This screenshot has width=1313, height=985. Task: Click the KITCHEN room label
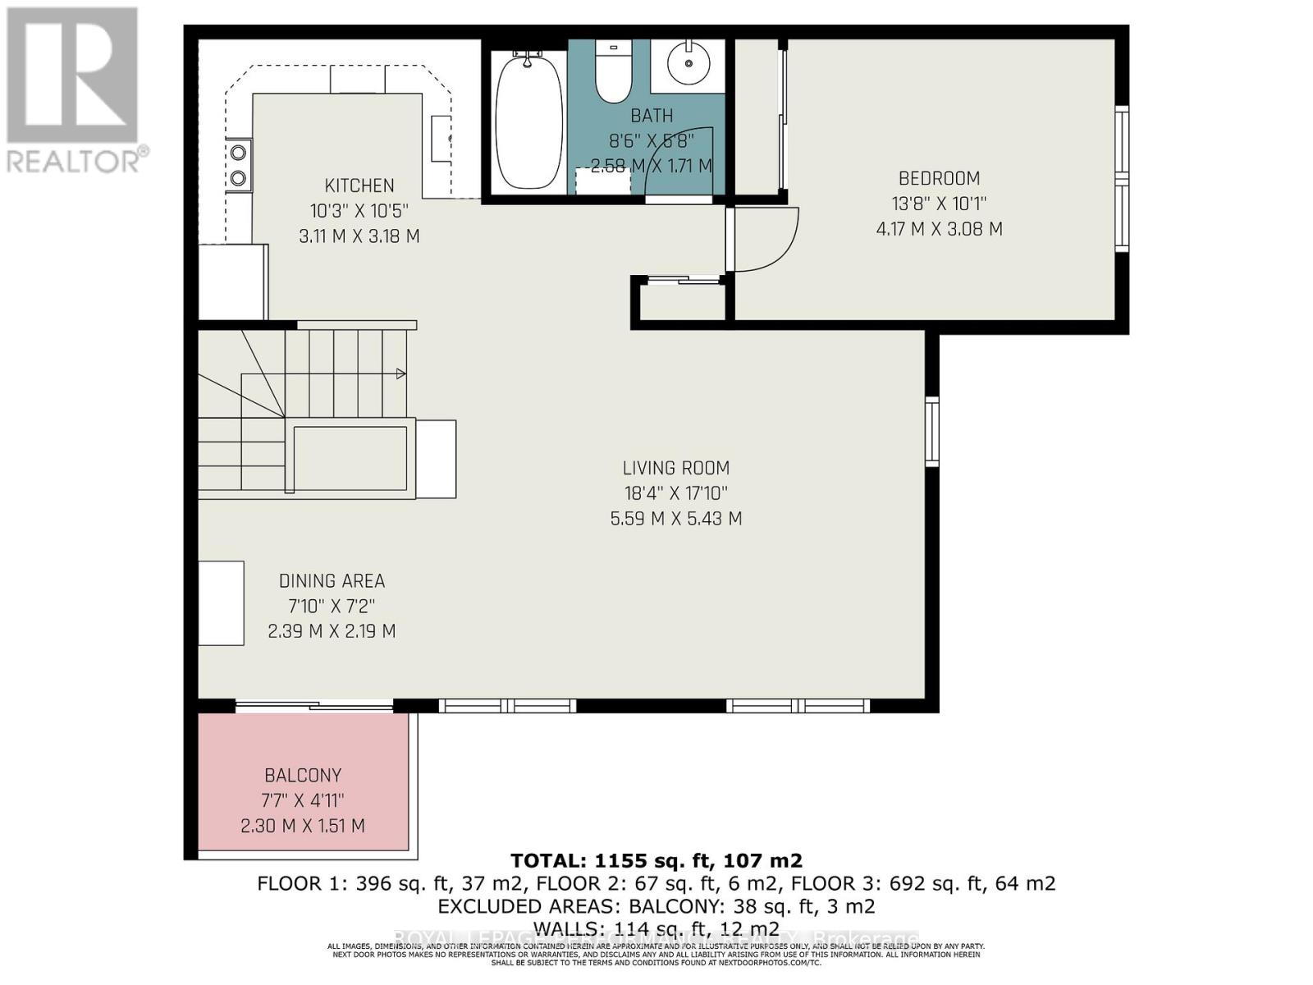pyautogui.click(x=359, y=186)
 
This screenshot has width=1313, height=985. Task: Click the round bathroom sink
pyautogui.click(x=688, y=62)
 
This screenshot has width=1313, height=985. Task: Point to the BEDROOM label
pyautogui.click(x=939, y=178)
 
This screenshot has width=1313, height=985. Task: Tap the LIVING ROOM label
pyautogui.click(x=675, y=468)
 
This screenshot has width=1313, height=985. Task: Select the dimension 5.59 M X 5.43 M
pyautogui.click(x=675, y=519)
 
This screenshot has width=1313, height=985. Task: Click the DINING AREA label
pyautogui.click(x=332, y=581)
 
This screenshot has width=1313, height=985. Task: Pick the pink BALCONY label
pyautogui.click(x=303, y=775)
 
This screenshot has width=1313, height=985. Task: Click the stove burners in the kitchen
pyautogui.click(x=239, y=164)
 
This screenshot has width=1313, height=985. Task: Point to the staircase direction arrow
pyautogui.click(x=400, y=374)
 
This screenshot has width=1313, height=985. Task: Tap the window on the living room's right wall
pyautogui.click(x=931, y=432)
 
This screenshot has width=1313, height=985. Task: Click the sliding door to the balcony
pyautogui.click(x=313, y=705)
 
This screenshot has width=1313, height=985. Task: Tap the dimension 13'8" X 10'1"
pyautogui.click(x=939, y=204)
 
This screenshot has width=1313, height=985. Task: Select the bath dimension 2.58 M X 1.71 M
pyautogui.click(x=652, y=166)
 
